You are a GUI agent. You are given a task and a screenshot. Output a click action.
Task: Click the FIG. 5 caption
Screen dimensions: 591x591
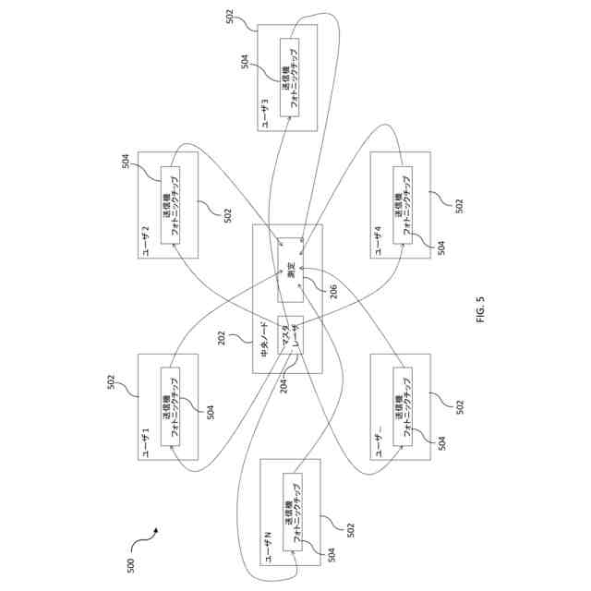point(480,317)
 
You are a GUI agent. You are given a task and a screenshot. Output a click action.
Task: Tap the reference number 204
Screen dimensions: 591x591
point(284,382)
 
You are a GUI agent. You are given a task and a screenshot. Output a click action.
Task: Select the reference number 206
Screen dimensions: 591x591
point(320,289)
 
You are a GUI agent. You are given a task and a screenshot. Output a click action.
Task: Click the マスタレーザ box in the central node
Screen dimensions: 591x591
point(291,338)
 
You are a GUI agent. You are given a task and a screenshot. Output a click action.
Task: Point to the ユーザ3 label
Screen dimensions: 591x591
point(265,115)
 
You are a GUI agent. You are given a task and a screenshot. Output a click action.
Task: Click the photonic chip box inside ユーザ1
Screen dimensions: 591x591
point(172,406)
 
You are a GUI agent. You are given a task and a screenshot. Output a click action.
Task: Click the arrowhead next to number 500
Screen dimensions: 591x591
point(156,530)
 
